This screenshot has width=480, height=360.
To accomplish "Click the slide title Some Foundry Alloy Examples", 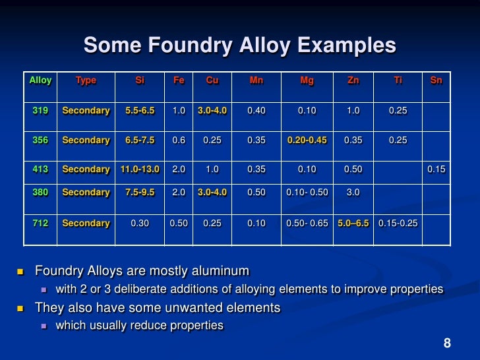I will coord(239,45).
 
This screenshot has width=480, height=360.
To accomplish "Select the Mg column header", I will coord(307,80).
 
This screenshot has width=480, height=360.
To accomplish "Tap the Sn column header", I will coord(436,80).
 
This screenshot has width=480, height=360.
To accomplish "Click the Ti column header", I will coord(398,80).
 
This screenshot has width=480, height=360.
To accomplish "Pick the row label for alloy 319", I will coord(40,111).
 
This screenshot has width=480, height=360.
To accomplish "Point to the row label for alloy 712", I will coord(40,224).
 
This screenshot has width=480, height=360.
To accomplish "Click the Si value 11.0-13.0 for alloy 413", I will coord(140,169).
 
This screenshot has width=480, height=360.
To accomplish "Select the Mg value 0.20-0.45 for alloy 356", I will coord(307,140).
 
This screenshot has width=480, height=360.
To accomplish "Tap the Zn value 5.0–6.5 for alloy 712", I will coord(354,224).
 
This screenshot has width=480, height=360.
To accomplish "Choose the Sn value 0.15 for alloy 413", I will coord(436,169).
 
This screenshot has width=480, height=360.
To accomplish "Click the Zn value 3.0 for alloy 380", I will coord(353,193).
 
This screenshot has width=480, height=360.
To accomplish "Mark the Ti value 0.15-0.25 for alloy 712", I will coord(398,224).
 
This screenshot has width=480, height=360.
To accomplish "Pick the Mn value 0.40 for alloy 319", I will coord(256,111).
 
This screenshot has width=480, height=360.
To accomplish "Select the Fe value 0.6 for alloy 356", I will coord(178,140).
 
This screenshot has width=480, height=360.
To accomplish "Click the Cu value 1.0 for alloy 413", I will coord(212,169).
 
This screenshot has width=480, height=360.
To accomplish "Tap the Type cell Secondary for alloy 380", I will coord(86,193).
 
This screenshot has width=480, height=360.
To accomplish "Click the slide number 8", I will coord(447,343).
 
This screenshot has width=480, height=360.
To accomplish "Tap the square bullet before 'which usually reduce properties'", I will coord(44,326).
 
